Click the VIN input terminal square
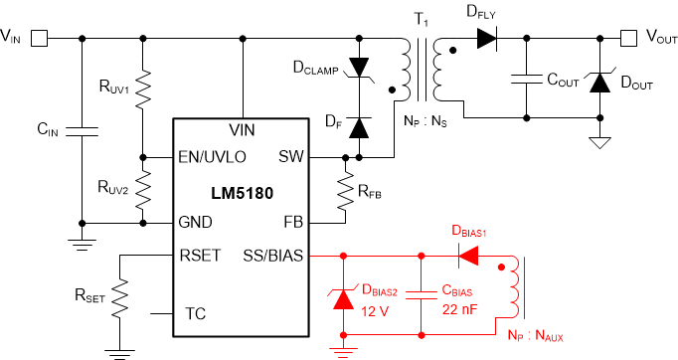pos(39,39)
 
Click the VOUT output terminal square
pos(628,39)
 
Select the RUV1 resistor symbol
pos(144,90)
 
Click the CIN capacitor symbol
pos(81,128)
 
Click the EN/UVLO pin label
pos(212,157)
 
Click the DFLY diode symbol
pos(486,39)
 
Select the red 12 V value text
pos(376,311)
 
